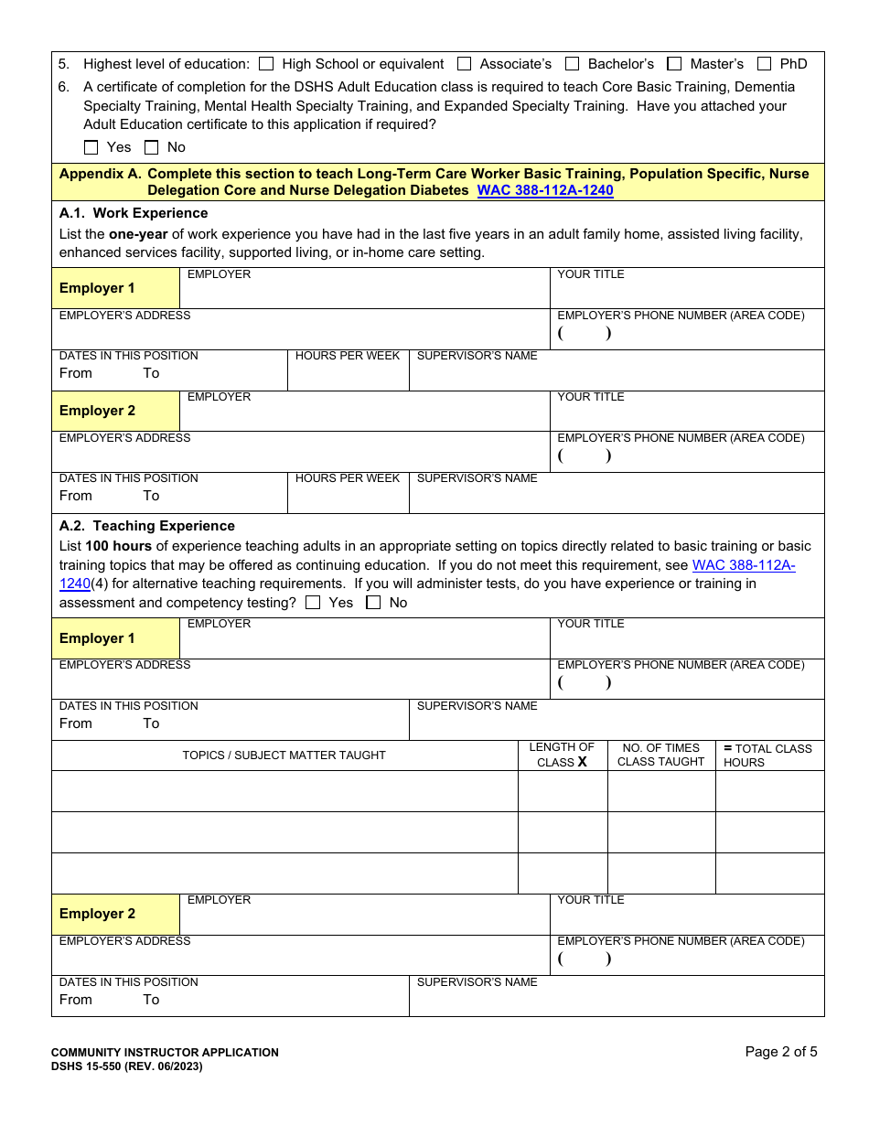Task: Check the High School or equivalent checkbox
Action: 266,64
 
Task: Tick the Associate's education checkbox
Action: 464,64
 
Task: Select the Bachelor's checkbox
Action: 573,64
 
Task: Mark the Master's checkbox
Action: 674,64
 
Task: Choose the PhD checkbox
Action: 764,64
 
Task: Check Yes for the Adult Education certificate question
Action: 91,147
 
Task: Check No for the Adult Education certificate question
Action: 152,147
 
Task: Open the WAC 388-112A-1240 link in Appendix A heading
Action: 545,190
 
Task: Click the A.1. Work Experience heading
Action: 134,213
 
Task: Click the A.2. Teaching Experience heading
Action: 146,526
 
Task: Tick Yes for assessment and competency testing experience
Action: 313,603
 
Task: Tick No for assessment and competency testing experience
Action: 373,603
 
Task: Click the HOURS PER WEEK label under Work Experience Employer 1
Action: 348,356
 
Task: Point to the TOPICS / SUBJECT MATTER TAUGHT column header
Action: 284,755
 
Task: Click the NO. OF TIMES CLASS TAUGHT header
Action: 660,755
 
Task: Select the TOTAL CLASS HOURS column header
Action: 767,755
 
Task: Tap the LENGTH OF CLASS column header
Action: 562,755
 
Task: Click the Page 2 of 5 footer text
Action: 781,1052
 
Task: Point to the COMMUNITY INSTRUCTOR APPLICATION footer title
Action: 165,1053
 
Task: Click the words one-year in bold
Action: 138,234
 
